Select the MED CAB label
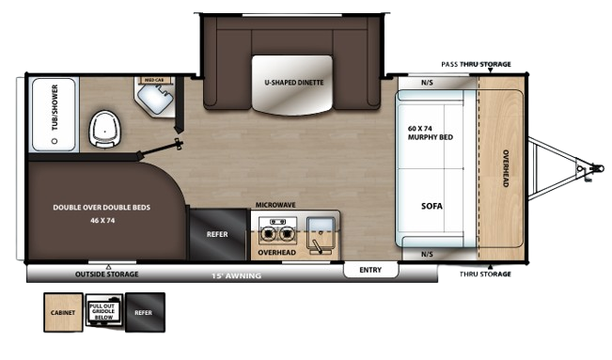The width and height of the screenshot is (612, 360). pos(152,81)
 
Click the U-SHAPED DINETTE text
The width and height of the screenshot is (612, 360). pos(293,83)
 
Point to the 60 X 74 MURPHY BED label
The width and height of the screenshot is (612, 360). pos(432,132)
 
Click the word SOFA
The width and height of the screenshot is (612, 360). pos(432,206)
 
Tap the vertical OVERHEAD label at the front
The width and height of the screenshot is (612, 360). pos(505,168)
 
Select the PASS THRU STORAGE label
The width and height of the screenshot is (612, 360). pos(477,64)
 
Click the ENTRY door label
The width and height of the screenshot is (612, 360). pos(370,270)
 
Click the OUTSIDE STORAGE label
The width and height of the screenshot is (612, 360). pos(107,274)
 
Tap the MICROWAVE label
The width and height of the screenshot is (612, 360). pos(275,203)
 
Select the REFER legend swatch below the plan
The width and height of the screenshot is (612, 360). pos(145,312)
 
